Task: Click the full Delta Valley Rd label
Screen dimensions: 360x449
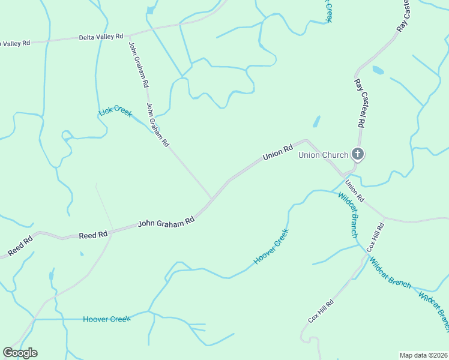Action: tap(101, 37)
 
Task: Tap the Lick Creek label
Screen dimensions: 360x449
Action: tap(115, 112)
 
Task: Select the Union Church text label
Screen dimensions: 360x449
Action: tap(324, 155)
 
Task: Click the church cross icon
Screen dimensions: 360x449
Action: tap(357, 155)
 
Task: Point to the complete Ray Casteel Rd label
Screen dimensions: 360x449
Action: tap(360, 103)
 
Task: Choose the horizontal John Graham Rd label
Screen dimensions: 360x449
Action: tap(166, 221)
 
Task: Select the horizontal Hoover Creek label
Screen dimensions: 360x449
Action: tap(107, 319)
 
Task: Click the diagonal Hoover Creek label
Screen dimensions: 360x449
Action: tap(271, 247)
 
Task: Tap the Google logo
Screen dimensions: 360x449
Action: tap(20, 353)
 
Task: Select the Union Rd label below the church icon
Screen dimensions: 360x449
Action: tap(355, 190)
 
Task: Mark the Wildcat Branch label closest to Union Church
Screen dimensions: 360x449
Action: tap(348, 215)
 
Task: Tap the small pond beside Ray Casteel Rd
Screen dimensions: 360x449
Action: tap(378, 70)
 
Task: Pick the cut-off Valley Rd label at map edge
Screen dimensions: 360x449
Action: tap(15, 43)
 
